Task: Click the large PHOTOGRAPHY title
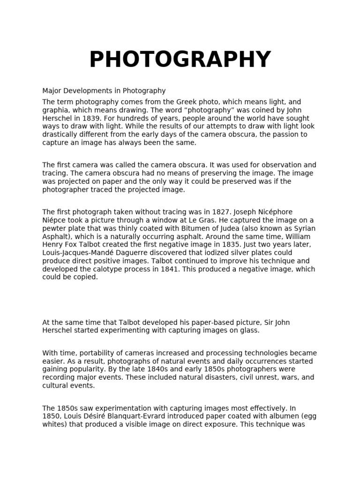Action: point(180,60)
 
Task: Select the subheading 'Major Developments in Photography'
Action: point(104,91)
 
